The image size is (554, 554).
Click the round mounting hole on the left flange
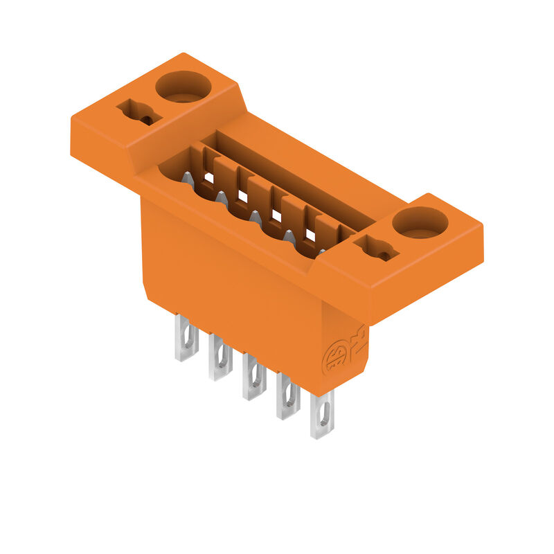pyautogui.click(x=183, y=87)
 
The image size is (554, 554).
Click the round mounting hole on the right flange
pyautogui.click(x=420, y=223)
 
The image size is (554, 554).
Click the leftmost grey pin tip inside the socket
pyautogui.click(x=188, y=178)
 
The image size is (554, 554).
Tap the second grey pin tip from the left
pyautogui.click(x=222, y=198)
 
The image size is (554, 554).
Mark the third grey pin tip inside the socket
pyautogui.click(x=255, y=217)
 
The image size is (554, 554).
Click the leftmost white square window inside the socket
pyautogui.click(x=209, y=178)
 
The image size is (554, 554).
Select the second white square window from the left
pyautogui.click(x=242, y=197)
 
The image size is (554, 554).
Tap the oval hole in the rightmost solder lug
pyautogui.click(x=322, y=418)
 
